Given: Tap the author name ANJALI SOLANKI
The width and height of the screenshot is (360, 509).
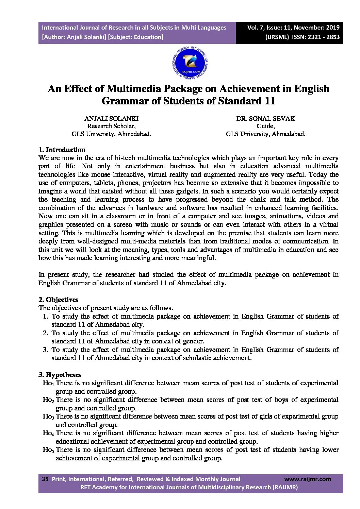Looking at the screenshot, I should click(x=111, y=119).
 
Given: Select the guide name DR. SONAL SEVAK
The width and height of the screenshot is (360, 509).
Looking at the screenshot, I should click(x=266, y=119).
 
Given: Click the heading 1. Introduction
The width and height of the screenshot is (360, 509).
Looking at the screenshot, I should click(x=62, y=150).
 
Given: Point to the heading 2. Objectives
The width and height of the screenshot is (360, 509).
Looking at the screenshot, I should click(x=58, y=300).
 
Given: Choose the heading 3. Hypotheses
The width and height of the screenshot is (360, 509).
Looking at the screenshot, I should click(x=60, y=375).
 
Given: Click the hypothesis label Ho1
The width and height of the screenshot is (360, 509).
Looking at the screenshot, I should click(x=48, y=384).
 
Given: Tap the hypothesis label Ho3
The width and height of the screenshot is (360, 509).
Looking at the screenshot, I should click(x=48, y=417).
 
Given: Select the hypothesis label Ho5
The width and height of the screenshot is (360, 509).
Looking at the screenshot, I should click(x=48, y=450).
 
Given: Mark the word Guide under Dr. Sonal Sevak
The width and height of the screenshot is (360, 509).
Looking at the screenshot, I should click(x=265, y=126).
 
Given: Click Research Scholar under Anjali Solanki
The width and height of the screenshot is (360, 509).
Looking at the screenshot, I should click(x=111, y=126).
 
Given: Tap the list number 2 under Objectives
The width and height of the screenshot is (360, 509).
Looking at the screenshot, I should click(x=45, y=333).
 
